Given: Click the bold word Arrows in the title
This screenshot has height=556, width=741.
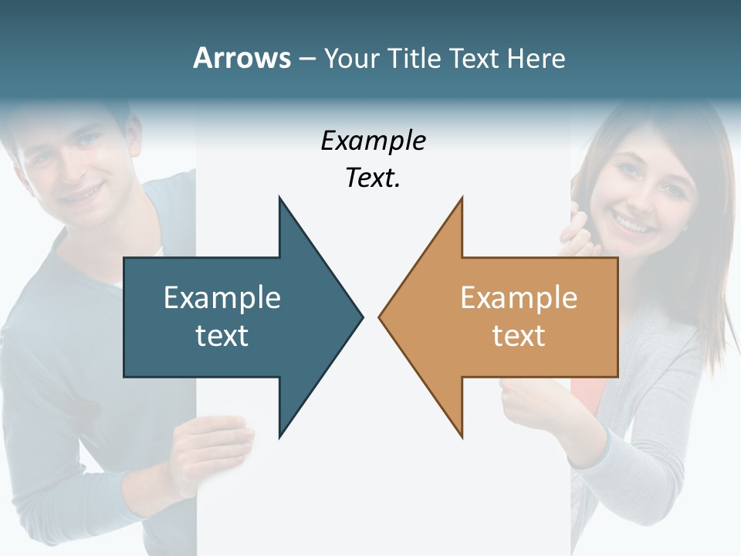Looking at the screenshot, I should [x=242, y=58].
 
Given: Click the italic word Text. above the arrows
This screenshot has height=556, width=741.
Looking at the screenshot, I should [x=373, y=178].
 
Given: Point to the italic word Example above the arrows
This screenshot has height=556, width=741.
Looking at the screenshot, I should [x=373, y=141].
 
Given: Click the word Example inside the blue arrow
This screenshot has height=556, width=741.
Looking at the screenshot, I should [x=222, y=297].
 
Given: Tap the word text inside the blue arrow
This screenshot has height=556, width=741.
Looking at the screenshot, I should [x=222, y=335].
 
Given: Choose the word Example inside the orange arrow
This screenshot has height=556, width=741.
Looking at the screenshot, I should [x=519, y=297].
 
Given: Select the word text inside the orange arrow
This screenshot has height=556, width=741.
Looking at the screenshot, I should [x=519, y=335].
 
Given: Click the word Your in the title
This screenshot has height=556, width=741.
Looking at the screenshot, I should [x=349, y=58].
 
